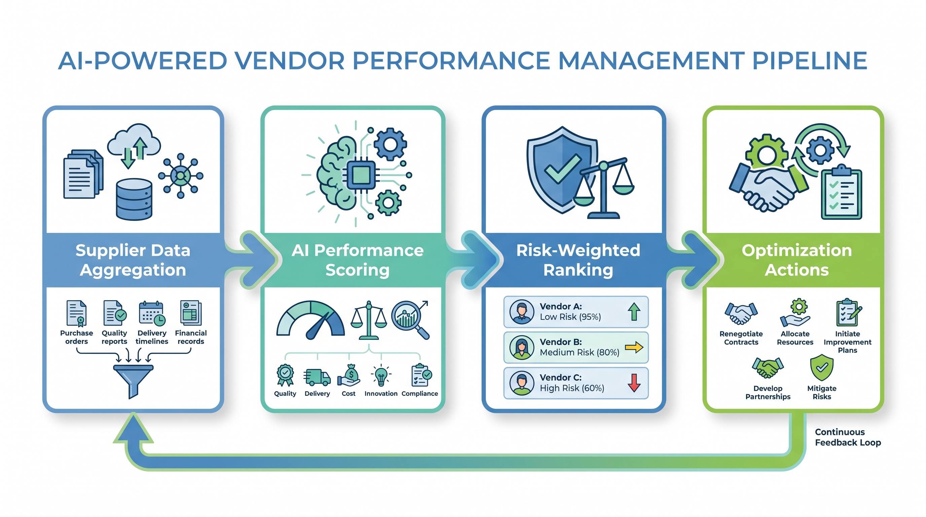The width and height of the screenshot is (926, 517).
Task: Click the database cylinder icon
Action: point(134,200)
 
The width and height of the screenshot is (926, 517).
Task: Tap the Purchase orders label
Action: point(77,337)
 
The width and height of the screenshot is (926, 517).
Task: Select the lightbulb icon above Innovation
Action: point(381,375)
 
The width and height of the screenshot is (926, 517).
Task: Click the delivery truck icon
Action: point(317,377)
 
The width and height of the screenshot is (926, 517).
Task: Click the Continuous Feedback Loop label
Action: point(848,437)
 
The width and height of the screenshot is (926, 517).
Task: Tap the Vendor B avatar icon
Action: point(522,348)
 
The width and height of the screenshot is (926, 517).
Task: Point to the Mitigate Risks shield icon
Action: point(822,368)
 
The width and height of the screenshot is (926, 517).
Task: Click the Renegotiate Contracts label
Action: point(741,338)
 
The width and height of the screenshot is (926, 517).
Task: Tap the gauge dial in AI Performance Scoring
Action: point(310,320)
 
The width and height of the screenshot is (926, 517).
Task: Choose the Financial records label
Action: point(191,337)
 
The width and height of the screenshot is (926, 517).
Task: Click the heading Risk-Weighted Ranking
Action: point(578,260)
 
